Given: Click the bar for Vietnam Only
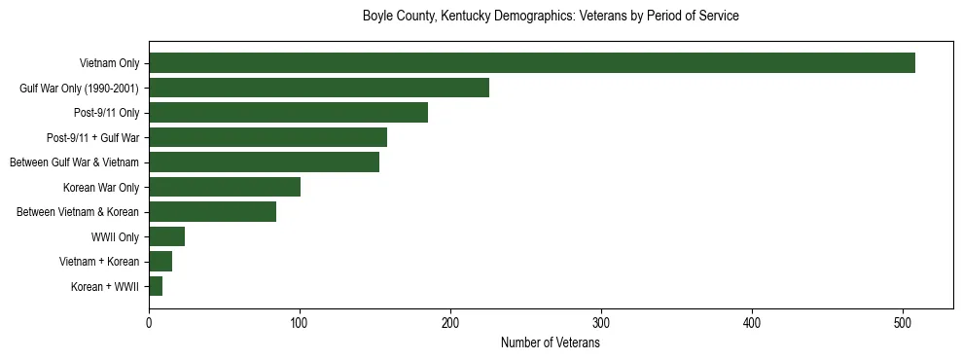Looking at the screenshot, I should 531,63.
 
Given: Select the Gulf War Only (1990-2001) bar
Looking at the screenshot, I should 319,89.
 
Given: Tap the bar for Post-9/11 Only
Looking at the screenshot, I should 288,113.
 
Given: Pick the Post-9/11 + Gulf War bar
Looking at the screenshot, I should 267,137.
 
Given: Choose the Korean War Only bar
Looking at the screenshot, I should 225,187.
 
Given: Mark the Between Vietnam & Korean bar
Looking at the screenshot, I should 212,212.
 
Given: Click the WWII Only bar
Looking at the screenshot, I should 166,236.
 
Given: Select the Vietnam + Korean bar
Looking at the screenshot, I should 160,261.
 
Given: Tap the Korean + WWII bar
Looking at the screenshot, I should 156,286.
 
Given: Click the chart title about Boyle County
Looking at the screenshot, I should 551,17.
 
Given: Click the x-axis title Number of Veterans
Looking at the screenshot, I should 551,343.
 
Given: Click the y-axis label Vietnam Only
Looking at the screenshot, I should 109,64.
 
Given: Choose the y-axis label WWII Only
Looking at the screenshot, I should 115,237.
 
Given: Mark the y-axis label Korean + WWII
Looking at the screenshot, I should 105,287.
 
